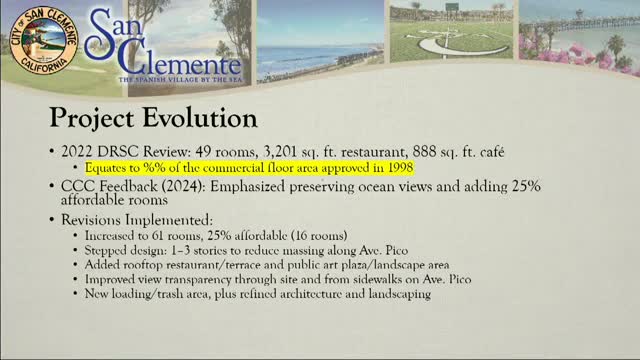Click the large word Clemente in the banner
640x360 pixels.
[171, 59]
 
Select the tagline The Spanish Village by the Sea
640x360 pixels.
[179, 78]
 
